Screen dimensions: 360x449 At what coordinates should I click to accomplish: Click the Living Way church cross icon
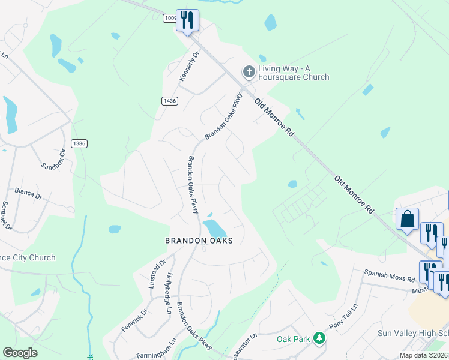(x=249, y=72)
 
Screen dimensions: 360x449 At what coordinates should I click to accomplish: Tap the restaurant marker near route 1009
(x=188, y=20)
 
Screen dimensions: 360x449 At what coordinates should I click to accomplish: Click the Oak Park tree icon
(x=319, y=339)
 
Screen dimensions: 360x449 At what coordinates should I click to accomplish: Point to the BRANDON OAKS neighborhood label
(x=199, y=240)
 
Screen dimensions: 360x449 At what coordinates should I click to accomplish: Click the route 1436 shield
(x=169, y=101)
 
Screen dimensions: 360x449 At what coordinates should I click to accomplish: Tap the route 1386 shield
(x=79, y=143)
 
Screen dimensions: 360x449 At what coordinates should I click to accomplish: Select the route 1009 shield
(x=169, y=18)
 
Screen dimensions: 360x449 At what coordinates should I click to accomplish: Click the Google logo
(x=20, y=353)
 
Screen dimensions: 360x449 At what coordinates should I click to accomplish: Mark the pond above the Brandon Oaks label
(x=214, y=228)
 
